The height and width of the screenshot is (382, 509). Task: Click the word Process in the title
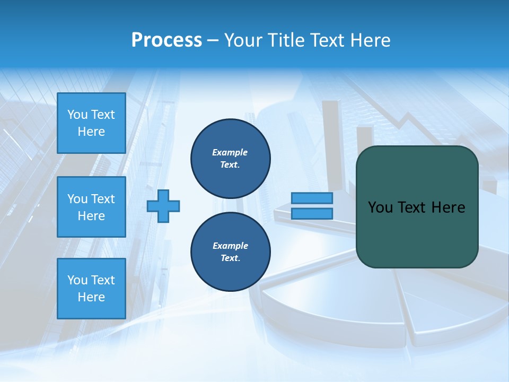(166, 40)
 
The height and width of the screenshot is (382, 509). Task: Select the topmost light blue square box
(91, 123)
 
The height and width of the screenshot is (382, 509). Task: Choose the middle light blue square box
(91, 207)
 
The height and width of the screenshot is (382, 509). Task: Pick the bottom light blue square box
(91, 289)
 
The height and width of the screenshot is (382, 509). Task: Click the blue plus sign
(163, 206)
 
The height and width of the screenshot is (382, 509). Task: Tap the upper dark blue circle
(230, 158)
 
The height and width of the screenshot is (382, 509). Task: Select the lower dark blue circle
(230, 251)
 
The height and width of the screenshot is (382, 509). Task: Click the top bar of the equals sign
(312, 198)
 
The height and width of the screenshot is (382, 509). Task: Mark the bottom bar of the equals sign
(312, 213)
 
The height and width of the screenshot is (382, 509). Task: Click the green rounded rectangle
(417, 233)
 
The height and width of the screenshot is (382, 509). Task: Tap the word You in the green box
(380, 207)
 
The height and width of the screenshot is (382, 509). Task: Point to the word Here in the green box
(448, 207)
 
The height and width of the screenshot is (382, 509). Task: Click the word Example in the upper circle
(230, 152)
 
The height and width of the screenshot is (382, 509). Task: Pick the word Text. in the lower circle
(230, 258)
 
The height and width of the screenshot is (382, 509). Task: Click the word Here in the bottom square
(91, 297)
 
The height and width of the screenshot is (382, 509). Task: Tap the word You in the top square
(77, 115)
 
